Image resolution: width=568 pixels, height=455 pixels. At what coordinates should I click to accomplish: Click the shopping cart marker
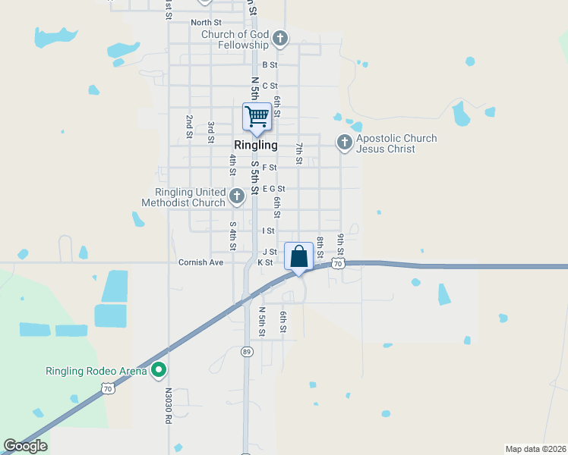(x=257, y=117)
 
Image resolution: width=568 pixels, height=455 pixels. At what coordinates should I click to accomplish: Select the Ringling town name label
(x=256, y=145)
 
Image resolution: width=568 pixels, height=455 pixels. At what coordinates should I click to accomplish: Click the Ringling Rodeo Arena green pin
(x=159, y=371)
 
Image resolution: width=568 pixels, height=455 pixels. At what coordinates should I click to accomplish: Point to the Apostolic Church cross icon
(x=344, y=142)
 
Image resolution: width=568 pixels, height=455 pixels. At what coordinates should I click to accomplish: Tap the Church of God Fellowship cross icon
(x=280, y=38)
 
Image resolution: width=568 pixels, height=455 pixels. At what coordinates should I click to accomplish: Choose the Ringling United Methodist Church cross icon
(x=237, y=196)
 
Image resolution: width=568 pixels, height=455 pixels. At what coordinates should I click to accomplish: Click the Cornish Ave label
(x=200, y=262)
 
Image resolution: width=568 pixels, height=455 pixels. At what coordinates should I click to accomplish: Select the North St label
(x=206, y=23)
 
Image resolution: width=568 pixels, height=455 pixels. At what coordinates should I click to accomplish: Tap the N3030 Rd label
(x=169, y=406)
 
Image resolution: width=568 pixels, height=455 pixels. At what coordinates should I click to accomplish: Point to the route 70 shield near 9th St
(x=338, y=262)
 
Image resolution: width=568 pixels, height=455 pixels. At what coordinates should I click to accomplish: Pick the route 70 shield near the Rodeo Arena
(x=109, y=388)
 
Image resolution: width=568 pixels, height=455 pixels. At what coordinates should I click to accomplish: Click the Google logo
(x=25, y=446)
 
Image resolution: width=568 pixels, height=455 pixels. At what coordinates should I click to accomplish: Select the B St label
(x=270, y=65)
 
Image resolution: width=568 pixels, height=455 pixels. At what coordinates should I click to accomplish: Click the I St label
(x=268, y=231)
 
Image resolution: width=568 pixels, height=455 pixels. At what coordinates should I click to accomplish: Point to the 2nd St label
(x=189, y=127)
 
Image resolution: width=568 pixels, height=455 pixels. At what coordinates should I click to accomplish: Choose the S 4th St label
(x=233, y=235)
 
